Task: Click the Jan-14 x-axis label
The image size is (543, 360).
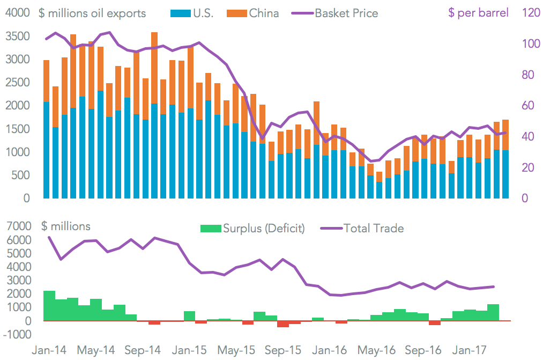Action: tap(49, 350)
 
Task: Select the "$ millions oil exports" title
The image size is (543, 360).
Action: tap(92, 13)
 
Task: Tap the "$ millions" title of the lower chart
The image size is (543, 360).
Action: tap(65, 226)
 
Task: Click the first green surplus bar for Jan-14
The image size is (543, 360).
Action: tap(49, 306)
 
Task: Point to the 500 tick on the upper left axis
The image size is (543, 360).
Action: tap(20, 175)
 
